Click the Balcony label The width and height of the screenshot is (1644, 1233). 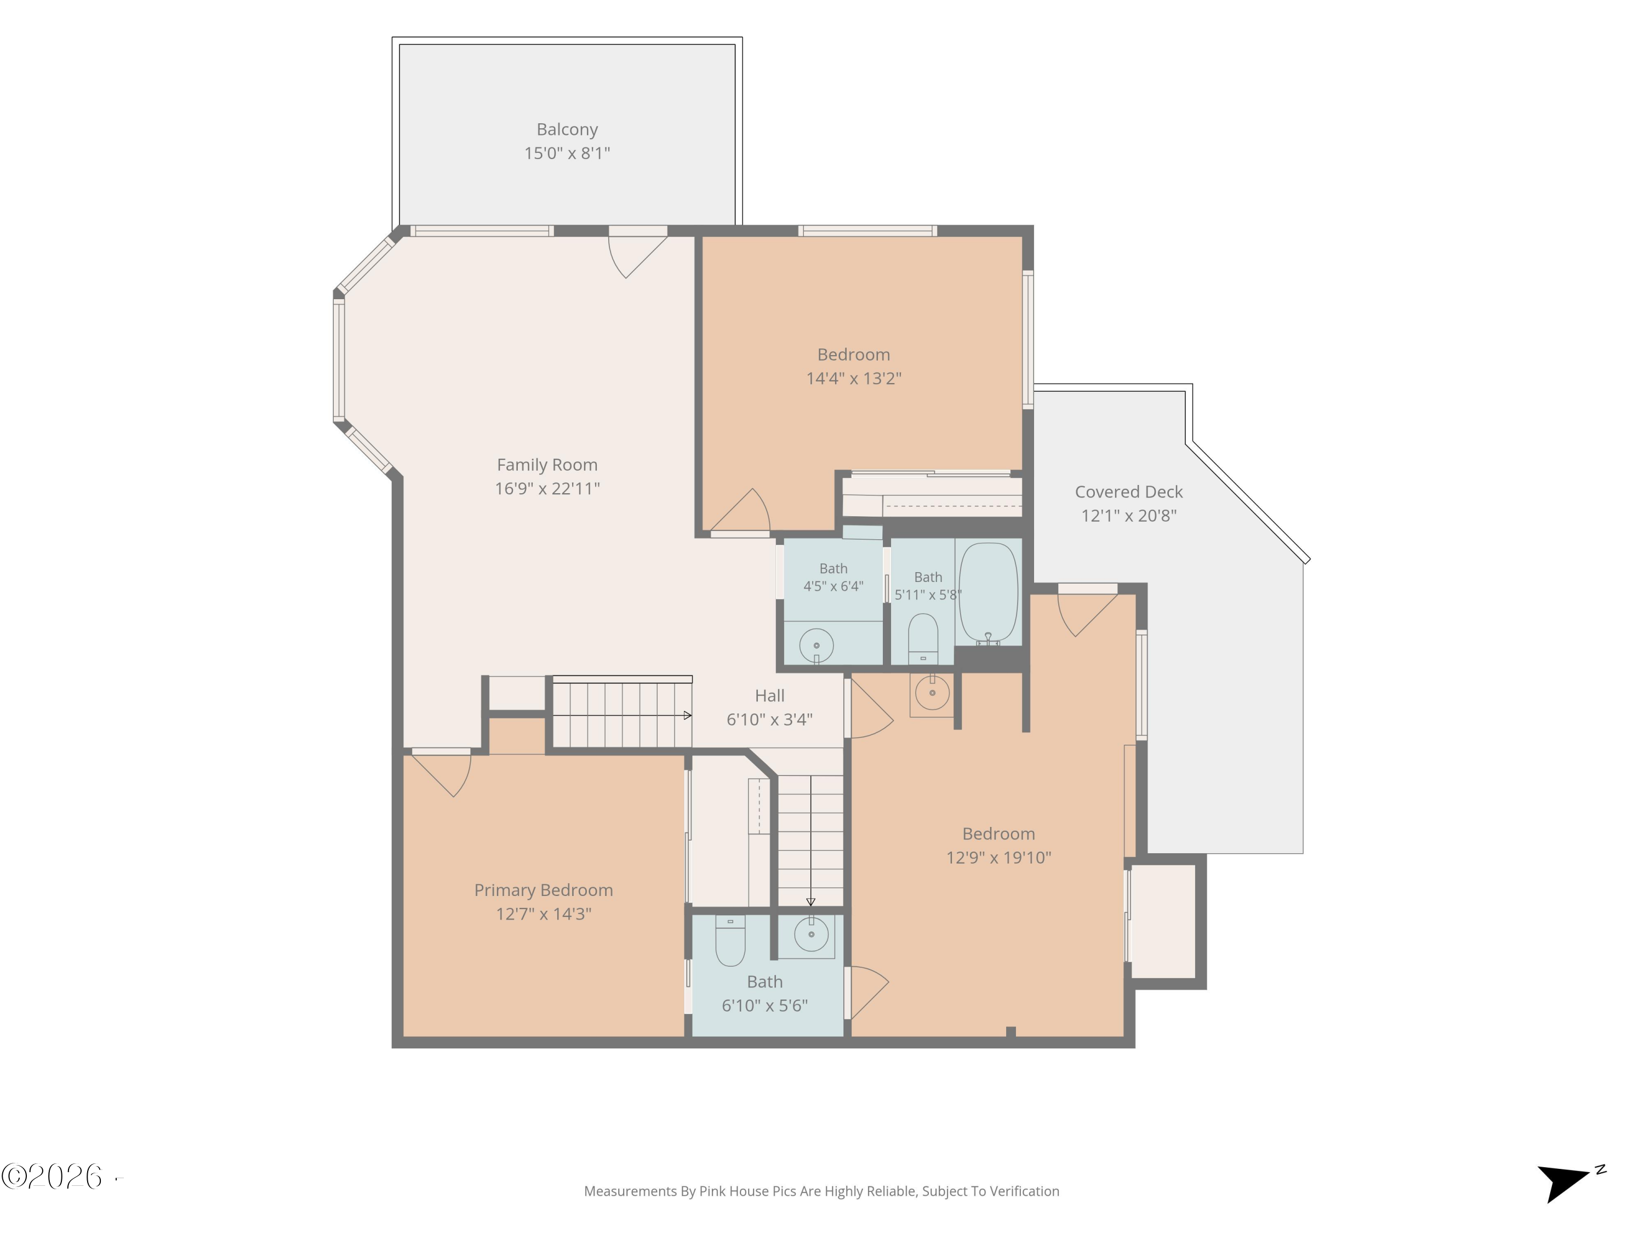point(567,129)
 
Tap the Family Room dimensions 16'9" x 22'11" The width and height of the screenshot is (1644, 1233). point(547,488)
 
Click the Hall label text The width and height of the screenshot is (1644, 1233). point(769,695)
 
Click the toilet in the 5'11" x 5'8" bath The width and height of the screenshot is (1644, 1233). point(923,638)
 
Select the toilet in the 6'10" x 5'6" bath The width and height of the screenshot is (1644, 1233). point(730,940)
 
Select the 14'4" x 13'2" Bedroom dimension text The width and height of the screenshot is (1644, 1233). point(853,378)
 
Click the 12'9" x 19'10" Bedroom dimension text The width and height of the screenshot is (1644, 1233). point(998,858)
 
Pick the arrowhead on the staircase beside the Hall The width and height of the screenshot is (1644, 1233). point(688,716)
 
